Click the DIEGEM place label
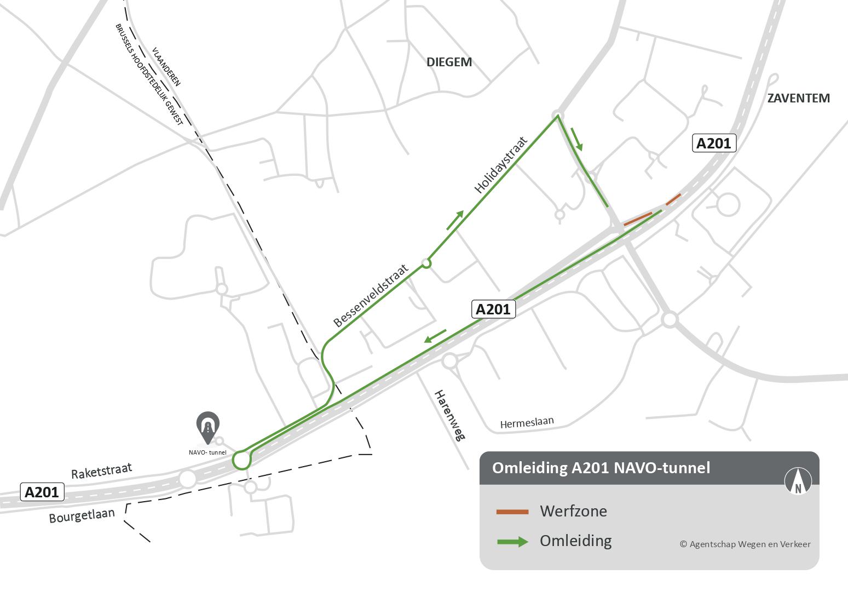coord(449,62)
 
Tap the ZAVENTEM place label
coord(798,98)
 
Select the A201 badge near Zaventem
coord(713,143)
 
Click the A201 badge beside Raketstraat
coord(42,492)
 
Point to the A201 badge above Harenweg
coord(493,309)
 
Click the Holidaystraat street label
coord(501,165)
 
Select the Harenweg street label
coord(449,415)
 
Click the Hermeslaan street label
coord(527,423)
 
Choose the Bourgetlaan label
coord(82,515)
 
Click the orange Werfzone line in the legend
coord(512,512)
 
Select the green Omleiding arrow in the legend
coord(512,542)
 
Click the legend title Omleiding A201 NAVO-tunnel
coord(601,468)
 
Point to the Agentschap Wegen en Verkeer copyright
coord(745,544)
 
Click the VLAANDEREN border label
coord(167,66)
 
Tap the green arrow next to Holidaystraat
coord(455,220)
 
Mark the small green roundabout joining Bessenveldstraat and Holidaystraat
coord(426,264)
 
